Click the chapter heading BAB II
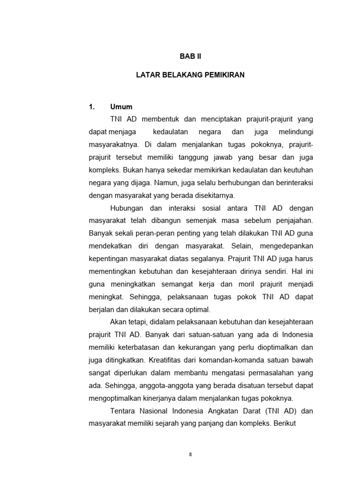click(190, 56)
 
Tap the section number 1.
click(92, 107)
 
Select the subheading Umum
click(121, 107)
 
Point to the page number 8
click(190, 454)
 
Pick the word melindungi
click(294, 131)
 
